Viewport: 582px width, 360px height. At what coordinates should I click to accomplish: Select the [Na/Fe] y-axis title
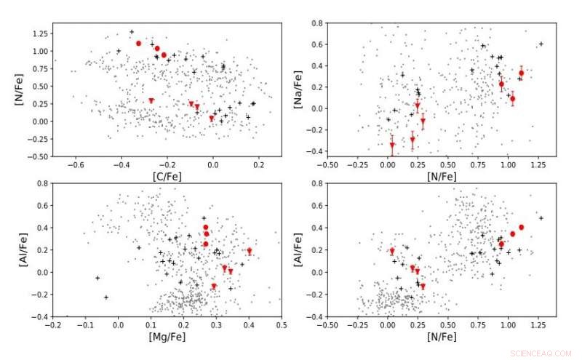298,88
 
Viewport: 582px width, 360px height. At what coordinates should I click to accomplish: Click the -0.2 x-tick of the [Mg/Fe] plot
53,325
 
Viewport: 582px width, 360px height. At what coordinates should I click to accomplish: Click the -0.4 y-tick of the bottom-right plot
316,317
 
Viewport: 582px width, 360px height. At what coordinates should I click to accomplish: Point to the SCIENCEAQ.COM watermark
542,353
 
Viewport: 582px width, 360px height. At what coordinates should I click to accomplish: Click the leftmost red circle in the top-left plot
138,44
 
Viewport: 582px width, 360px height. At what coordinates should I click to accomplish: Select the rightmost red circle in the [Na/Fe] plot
521,73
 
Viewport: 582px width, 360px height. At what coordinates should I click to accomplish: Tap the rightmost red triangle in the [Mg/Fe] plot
249,251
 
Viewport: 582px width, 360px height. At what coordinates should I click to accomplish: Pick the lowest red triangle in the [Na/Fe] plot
392,145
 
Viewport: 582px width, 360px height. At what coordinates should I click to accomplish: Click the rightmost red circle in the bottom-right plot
521,228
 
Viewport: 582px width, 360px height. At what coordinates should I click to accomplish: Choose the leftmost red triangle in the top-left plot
151,101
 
